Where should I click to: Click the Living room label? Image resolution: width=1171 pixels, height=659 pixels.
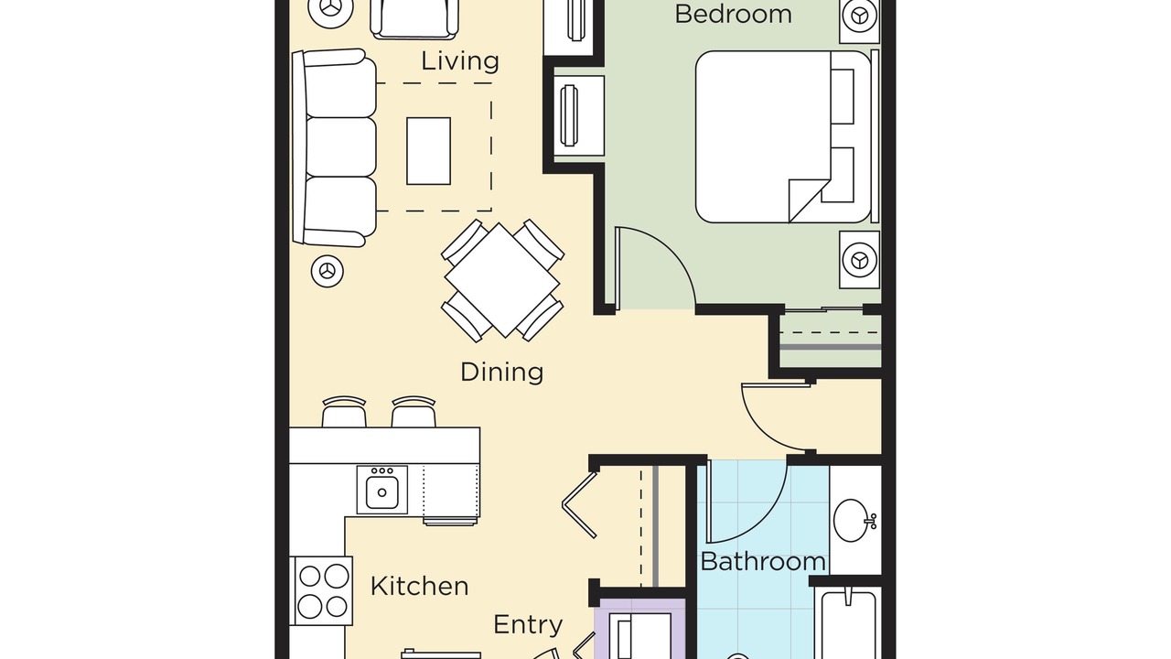coord(460,61)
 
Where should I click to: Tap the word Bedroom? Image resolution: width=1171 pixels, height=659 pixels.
coord(733,14)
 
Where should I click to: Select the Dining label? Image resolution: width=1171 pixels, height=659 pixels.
coord(502,373)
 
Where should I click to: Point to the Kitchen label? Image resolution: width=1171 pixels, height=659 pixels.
coord(419,587)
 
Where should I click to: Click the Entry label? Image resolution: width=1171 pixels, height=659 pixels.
coord(528,625)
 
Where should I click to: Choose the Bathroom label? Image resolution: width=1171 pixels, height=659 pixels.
coord(763,562)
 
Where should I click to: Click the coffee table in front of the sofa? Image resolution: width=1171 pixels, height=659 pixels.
coord(429,151)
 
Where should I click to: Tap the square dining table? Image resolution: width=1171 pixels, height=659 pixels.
coord(502,280)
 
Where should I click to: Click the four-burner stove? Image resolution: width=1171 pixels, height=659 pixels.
coord(321,590)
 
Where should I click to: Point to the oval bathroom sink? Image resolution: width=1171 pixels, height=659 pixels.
coord(851,521)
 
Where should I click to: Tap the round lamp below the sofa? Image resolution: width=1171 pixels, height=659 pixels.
coord(328,271)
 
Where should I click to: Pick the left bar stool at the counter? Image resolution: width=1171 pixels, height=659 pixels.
coord(344,412)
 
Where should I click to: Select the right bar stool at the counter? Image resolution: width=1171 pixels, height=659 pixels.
coord(414,412)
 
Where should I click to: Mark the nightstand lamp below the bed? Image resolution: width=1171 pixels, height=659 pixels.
coord(860,259)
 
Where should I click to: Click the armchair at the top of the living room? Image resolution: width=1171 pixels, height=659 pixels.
coord(414,19)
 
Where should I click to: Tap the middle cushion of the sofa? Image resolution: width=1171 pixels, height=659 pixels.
coord(341,147)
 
